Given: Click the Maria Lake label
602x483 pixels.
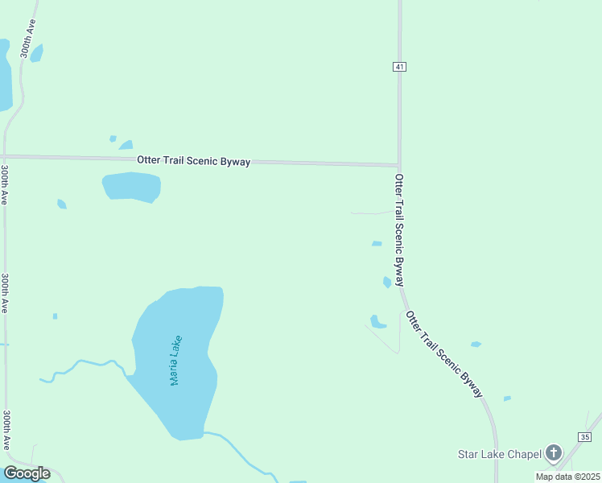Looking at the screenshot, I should point(176,360).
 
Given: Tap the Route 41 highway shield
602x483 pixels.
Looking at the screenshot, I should point(399,67).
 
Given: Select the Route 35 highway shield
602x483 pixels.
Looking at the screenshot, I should point(585,436).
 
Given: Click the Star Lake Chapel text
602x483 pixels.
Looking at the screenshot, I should point(499,454).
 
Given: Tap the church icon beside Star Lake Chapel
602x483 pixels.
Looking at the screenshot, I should point(553,452).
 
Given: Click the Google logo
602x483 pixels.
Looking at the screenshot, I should point(27,473).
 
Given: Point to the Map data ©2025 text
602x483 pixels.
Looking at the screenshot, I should point(567,477).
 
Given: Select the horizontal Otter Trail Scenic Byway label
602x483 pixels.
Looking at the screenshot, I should point(193,161).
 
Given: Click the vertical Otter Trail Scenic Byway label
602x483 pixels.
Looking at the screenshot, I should point(398,229).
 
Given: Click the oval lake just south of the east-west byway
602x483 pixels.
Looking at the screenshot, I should point(131,187).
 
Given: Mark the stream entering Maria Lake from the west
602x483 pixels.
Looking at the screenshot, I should point(80,367).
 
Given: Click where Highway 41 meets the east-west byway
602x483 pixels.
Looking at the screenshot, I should point(399,165).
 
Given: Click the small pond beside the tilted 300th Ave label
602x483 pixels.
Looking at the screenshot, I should point(36,53).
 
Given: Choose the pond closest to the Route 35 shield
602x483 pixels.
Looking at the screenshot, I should point(507,398).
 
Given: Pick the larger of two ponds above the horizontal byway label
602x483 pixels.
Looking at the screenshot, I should point(126,145).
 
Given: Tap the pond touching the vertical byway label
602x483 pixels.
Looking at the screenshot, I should point(387,282).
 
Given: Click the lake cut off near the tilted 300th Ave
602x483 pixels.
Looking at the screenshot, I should point(5,76).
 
